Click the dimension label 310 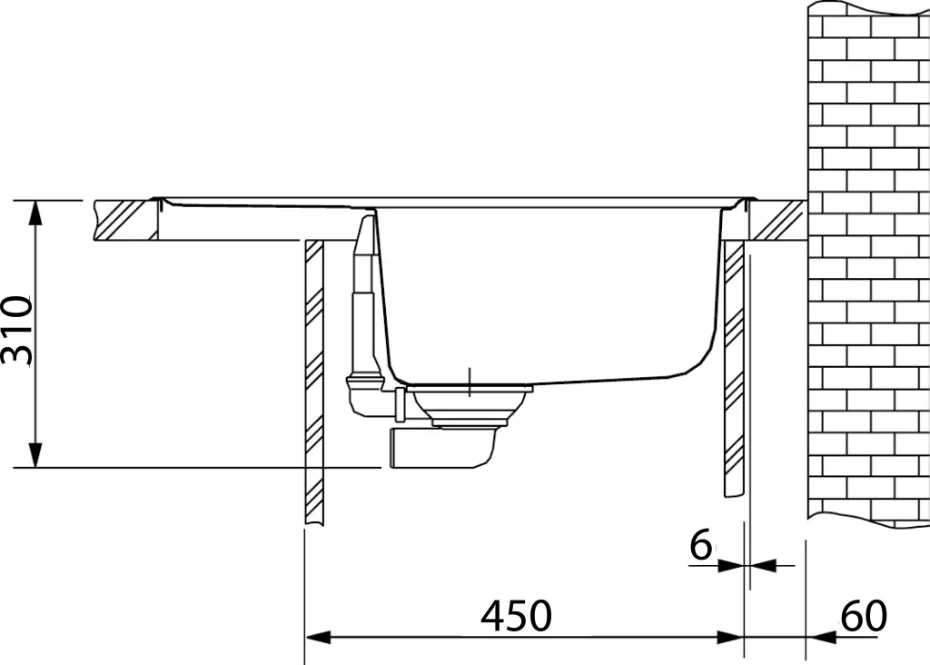pos(18,330)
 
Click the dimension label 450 pos(516,617)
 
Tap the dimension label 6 pos(700,546)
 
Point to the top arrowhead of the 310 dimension pos(35,212)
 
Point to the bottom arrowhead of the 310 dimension pos(35,455)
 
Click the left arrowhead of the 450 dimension pos(317,637)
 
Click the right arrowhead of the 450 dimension pos(730,637)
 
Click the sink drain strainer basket pos(470,404)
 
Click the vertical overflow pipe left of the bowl pos(363,291)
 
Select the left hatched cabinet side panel pos(313,382)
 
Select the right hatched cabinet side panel pos(733,368)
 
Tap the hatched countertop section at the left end pos(125,221)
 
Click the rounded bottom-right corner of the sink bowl pos(699,359)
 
